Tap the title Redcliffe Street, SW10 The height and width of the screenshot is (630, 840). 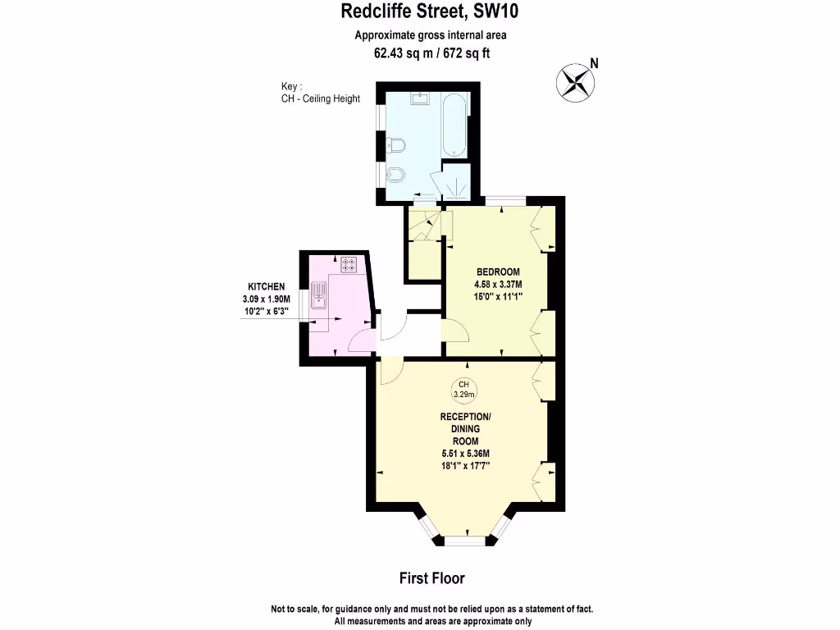(x=430, y=11)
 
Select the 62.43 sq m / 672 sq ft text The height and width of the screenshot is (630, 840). (x=431, y=53)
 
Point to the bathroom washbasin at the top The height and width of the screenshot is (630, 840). (x=421, y=99)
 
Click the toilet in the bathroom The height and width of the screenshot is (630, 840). (x=396, y=148)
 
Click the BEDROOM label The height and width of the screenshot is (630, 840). (x=498, y=272)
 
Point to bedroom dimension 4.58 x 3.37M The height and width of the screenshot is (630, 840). (x=498, y=285)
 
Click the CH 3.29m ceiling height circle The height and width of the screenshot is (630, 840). (x=463, y=389)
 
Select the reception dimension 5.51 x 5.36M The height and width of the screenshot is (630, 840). (x=464, y=453)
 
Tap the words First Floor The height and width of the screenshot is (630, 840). (x=431, y=578)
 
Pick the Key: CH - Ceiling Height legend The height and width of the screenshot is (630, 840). (x=320, y=93)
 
